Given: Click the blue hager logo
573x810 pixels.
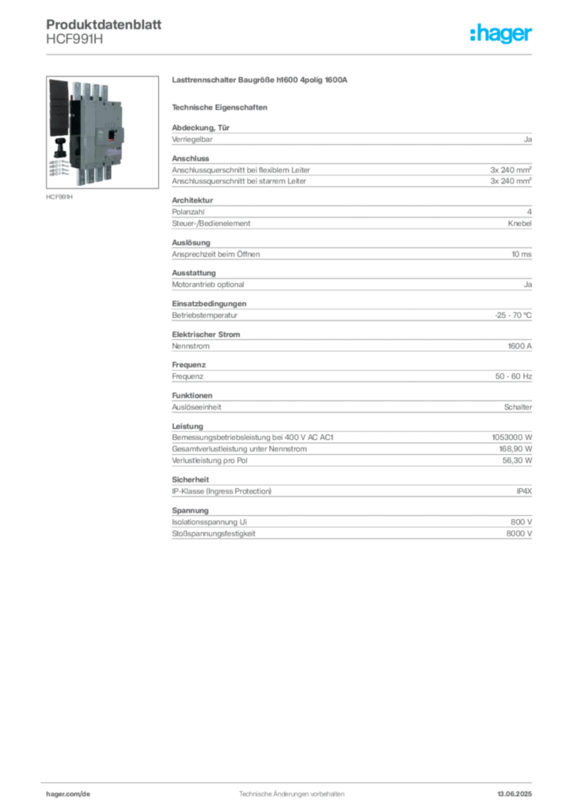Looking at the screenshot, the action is [502, 34].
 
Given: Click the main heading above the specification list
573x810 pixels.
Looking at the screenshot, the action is [262, 81].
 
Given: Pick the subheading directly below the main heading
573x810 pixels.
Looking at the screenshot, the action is [222, 106].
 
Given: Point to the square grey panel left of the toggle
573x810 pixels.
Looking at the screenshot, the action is [97, 132].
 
